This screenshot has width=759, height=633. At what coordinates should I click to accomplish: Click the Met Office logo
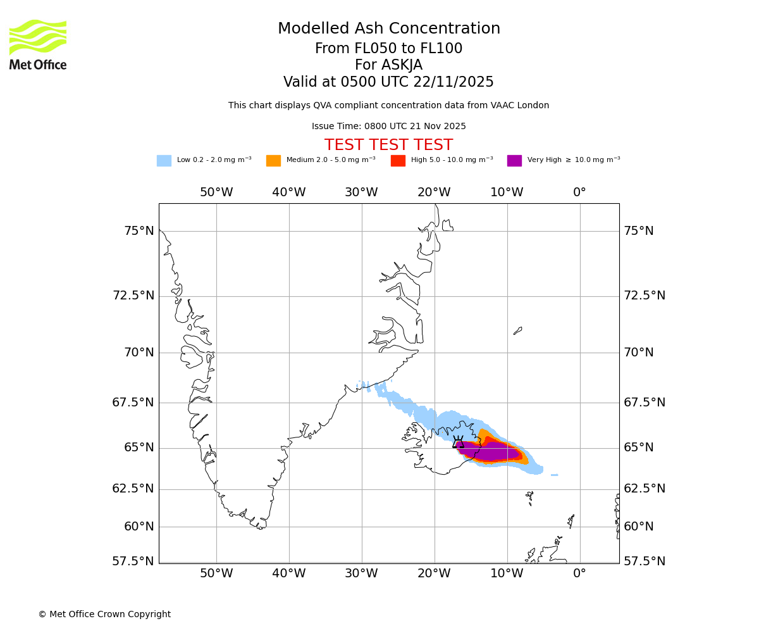38,44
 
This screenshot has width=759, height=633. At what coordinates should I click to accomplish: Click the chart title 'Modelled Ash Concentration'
389,29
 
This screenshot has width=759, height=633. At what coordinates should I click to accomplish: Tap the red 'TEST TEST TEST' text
388,146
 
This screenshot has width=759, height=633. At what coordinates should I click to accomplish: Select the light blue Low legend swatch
164,161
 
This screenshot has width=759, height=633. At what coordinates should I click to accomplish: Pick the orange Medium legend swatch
273,161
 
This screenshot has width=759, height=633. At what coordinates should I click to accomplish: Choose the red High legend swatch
398,161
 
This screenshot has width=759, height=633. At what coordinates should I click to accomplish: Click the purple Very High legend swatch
514,161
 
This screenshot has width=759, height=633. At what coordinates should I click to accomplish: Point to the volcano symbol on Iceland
459,442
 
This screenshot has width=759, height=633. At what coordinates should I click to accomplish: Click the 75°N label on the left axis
139,231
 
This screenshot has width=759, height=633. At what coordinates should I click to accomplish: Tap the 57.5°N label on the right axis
645,561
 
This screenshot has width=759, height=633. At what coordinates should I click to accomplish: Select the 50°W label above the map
216,192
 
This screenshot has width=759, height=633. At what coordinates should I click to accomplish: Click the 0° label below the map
579,574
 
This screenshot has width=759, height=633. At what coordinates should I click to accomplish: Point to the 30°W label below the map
361,574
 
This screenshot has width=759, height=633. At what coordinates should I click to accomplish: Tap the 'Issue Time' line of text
388,127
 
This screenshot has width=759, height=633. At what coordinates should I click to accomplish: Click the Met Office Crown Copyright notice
104,615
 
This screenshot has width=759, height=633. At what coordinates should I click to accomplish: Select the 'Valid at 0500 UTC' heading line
388,82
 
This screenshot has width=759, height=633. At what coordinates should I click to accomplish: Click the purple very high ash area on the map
493,453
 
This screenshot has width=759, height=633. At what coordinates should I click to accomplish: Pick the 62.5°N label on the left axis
133,489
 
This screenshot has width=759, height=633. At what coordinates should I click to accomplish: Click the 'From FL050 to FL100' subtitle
388,49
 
